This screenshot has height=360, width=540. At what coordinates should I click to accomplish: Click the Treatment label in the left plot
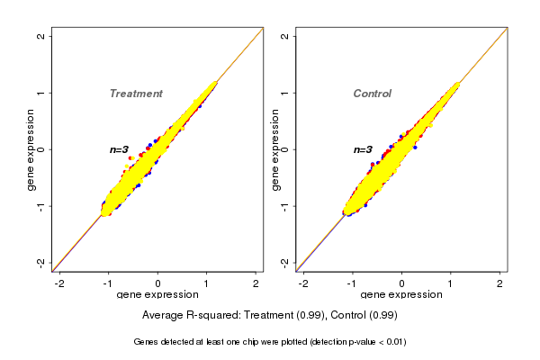pos(136,94)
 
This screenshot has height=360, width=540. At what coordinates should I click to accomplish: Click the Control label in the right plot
pos(373,94)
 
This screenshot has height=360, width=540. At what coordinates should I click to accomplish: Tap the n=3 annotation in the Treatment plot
pos(120,149)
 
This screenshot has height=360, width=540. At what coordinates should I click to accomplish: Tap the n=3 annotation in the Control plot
pos(363,149)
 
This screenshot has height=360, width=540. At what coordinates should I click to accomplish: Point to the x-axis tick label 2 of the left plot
pos(256,283)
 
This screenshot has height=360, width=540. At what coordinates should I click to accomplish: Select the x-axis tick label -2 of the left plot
pos(59,283)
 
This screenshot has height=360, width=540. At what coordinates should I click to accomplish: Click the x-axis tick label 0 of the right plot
pos(402,283)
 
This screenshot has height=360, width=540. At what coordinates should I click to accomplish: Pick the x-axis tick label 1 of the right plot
pos(451,283)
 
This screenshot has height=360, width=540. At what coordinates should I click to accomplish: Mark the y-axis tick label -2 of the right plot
pos(284,262)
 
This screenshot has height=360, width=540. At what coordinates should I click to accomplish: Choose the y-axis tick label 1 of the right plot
pos(284,93)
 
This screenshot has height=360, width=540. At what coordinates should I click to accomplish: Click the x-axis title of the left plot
pos(157,295)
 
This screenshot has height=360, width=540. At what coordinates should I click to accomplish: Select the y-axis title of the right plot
pos(274,149)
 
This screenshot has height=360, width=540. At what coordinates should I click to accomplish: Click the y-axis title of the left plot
pos(31,149)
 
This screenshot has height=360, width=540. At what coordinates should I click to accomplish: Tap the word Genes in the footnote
pos(146,342)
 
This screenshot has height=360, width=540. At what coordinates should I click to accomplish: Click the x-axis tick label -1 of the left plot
pos(108,283)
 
